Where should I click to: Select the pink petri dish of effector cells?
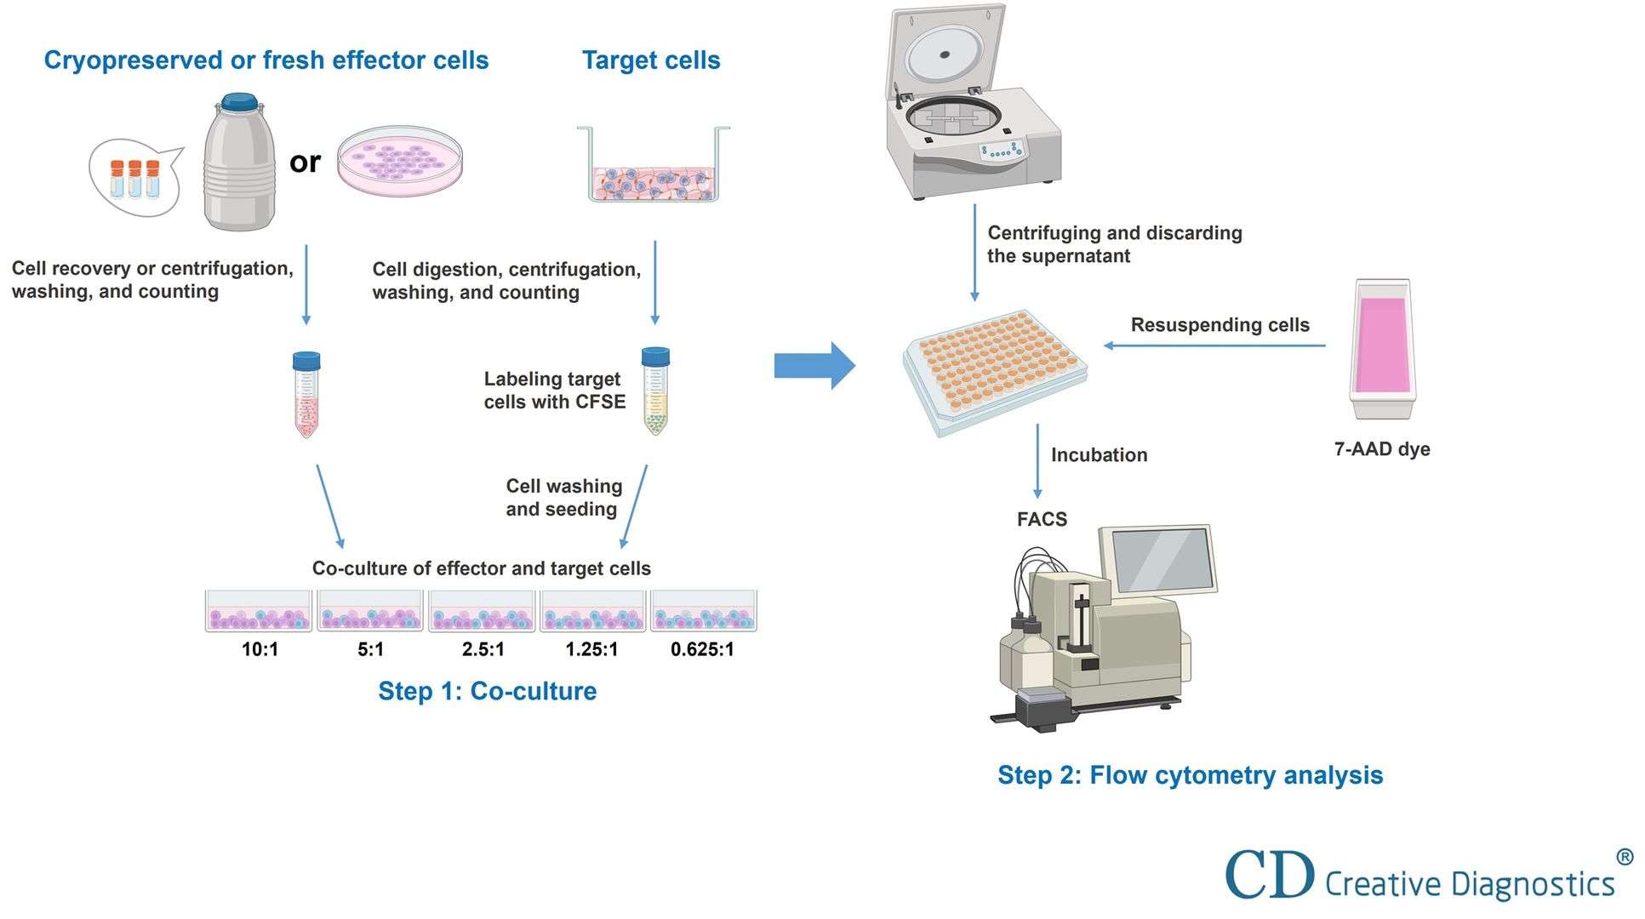400,161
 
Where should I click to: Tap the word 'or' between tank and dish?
305,161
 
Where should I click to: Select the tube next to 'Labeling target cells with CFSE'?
655,391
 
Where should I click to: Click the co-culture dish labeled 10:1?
259,611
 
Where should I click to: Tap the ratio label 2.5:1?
483,649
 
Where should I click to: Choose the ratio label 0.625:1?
702,649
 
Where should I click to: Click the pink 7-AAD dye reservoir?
1382,349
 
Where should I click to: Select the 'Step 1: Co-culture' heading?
487,691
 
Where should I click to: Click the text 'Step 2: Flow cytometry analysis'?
1190,775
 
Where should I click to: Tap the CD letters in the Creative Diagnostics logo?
1269,874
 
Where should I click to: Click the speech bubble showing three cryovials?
136,177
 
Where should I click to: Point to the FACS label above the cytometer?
1042,519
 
